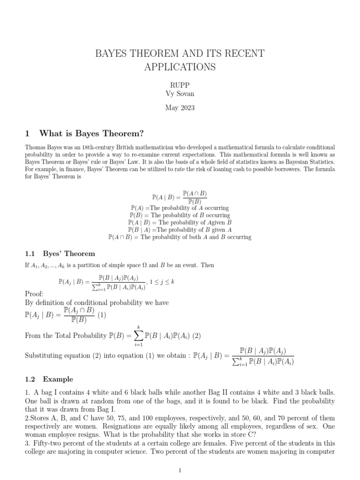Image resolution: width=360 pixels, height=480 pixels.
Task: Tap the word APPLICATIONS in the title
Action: tap(180, 67)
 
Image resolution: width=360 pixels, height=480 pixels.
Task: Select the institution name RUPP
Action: tap(180, 84)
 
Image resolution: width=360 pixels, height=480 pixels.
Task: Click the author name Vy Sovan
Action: tap(180, 94)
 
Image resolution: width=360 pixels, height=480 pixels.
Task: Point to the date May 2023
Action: tap(180, 108)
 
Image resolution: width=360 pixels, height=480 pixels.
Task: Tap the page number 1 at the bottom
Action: tap(180, 471)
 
